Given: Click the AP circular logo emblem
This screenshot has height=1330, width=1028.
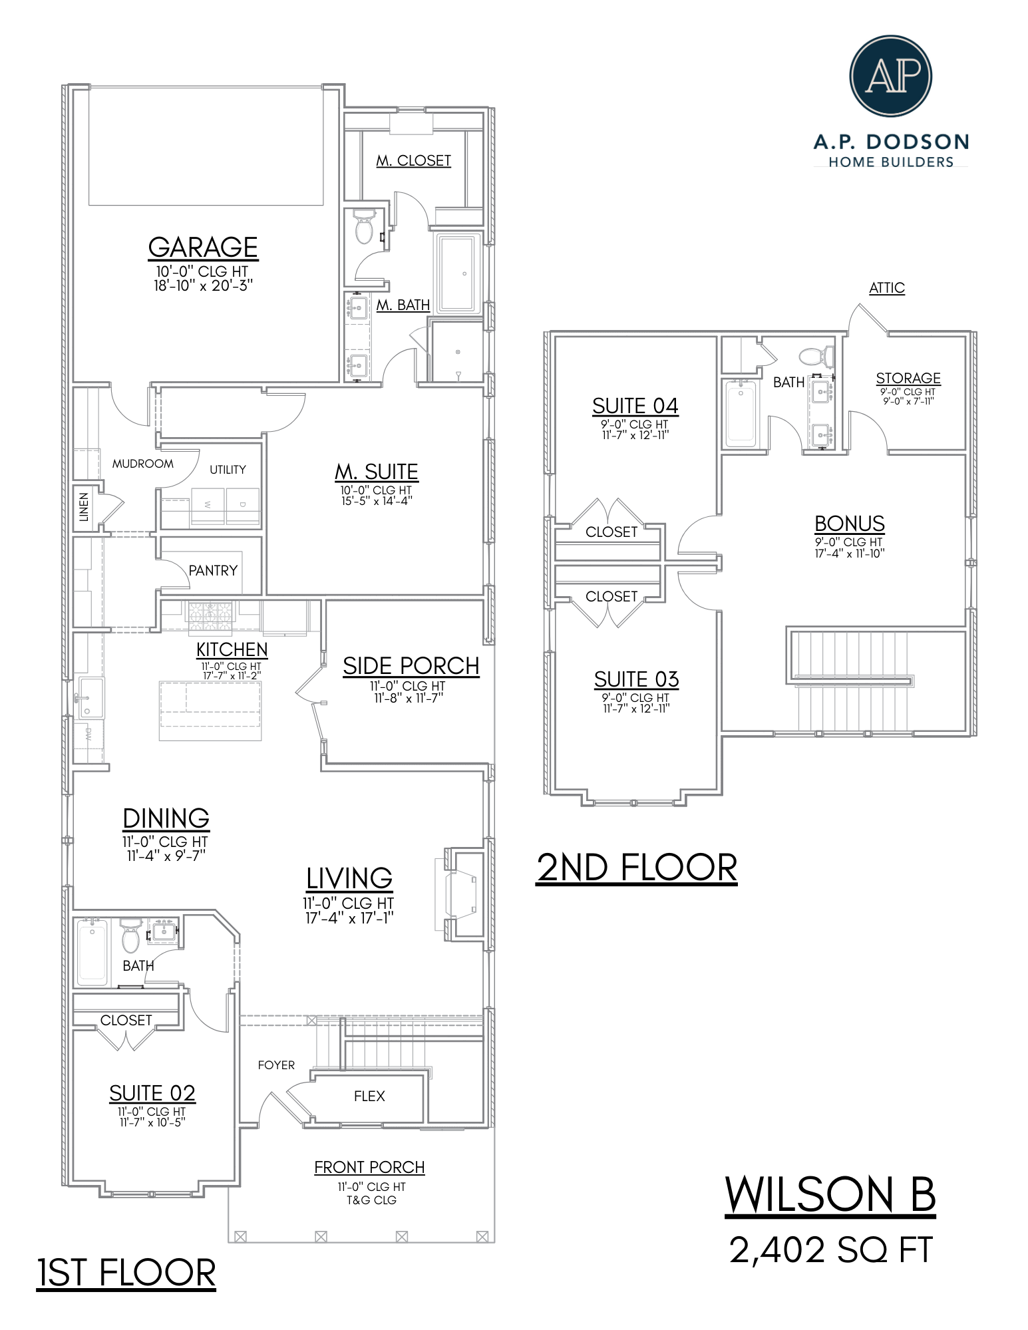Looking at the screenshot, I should point(890,76).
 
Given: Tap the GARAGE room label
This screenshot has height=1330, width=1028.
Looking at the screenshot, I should point(203,247).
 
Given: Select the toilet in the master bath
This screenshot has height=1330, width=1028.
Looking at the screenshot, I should point(364,228).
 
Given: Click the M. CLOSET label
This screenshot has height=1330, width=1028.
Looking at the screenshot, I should point(413,160).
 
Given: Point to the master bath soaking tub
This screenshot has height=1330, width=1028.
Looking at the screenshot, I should point(458,272).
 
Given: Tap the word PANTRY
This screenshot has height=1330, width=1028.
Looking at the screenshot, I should point(213,570).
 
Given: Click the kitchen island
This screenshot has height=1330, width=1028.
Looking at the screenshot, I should point(210,711).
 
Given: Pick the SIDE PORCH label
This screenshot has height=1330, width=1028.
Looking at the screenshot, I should point(411,665).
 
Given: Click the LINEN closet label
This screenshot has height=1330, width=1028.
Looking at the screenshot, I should point(84,507).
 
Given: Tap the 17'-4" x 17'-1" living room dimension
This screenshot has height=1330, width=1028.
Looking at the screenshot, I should point(349,918).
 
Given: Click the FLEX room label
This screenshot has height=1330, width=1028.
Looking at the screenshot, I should point(369,1096).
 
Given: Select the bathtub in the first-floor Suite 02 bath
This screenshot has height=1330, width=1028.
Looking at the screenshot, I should point(92,952).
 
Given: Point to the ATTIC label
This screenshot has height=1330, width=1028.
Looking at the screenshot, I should point(886,287).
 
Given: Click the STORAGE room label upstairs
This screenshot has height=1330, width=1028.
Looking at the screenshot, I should point(908,378).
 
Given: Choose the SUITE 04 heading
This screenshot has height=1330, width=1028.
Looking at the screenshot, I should point(635,405).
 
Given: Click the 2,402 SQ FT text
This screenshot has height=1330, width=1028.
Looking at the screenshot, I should point(830,1249).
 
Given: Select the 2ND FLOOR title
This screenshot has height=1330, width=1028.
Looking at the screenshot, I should point(637,868).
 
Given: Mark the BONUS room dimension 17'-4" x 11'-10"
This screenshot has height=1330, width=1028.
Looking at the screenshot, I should point(849,554).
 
